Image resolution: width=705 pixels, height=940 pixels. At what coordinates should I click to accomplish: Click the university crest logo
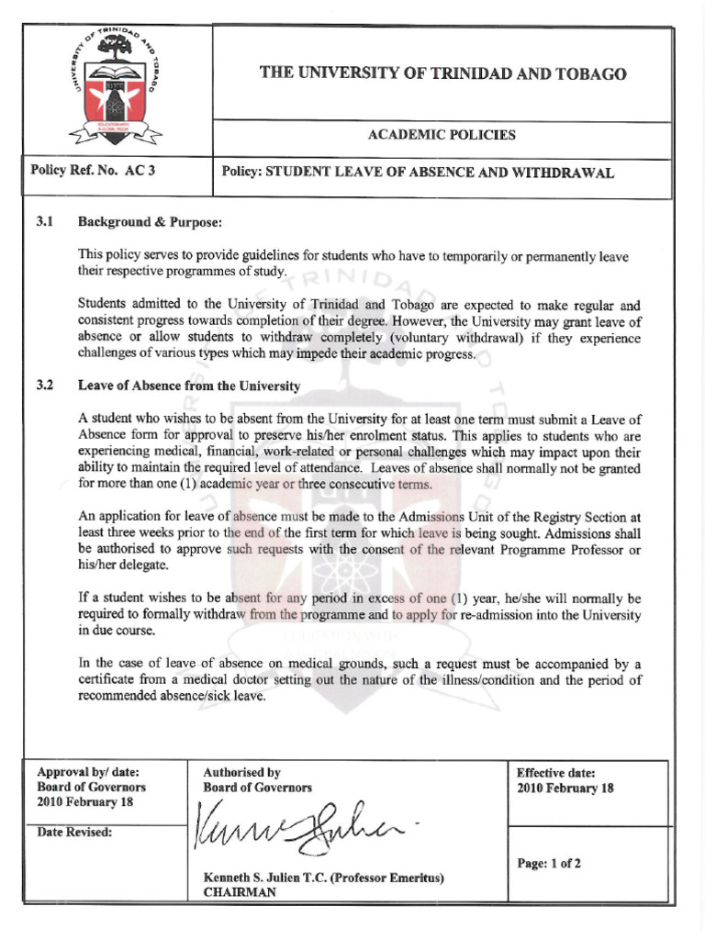(x=116, y=89)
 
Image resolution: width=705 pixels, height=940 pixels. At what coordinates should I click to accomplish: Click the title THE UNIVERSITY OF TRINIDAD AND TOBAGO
(x=442, y=73)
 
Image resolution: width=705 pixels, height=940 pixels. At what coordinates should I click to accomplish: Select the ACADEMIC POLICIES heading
(x=442, y=135)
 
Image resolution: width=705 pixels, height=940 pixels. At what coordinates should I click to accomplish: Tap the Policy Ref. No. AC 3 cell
(x=93, y=171)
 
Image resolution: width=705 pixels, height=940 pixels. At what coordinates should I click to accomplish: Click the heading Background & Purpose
(x=150, y=222)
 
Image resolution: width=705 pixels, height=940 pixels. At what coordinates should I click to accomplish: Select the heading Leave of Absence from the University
(x=189, y=386)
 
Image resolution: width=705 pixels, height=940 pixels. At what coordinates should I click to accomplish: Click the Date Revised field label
(x=74, y=832)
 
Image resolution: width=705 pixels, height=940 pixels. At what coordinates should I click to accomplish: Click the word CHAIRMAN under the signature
(x=240, y=892)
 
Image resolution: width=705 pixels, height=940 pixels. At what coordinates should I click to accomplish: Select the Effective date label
(x=555, y=773)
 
